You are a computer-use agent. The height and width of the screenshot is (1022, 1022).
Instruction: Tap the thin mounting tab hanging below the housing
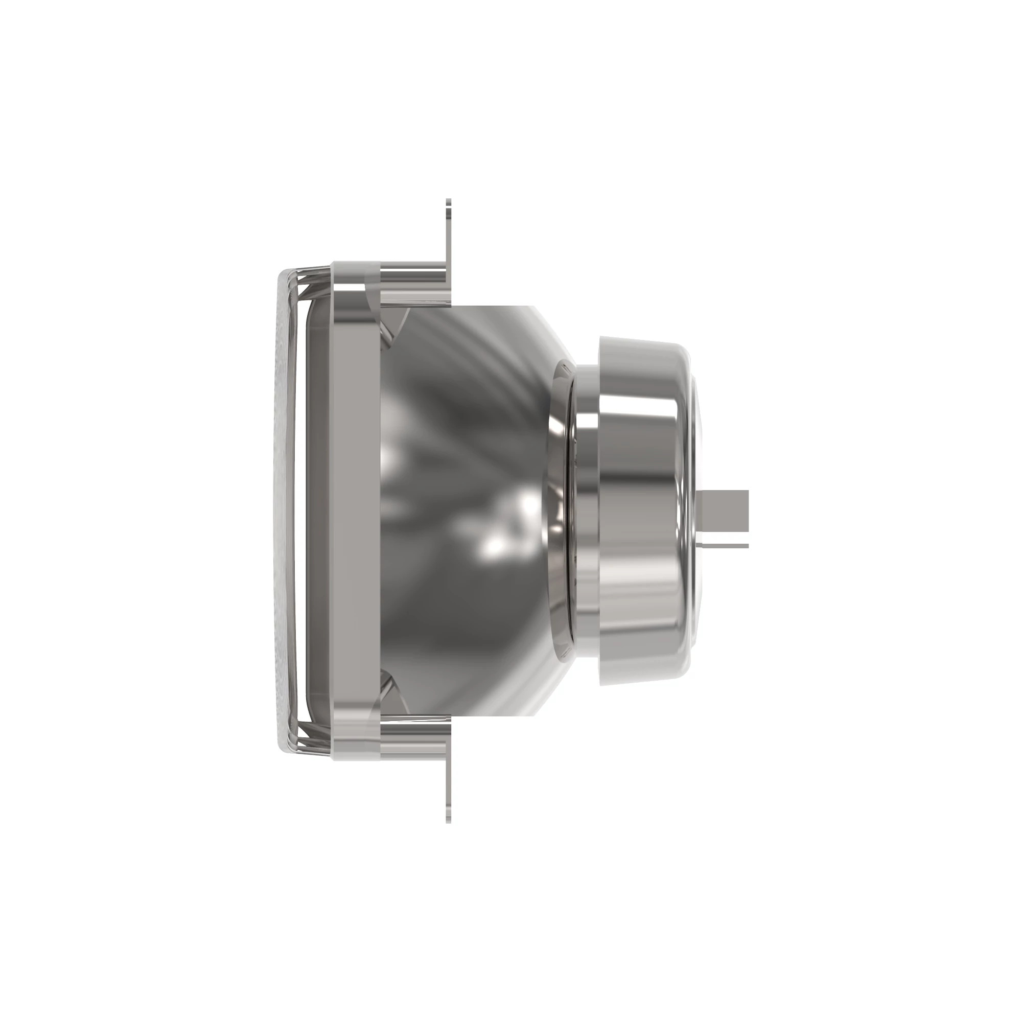[x=448, y=788]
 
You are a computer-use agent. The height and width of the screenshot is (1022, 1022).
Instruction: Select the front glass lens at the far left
[x=286, y=510]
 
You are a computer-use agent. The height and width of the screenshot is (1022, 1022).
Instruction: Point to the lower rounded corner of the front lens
[x=288, y=746]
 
